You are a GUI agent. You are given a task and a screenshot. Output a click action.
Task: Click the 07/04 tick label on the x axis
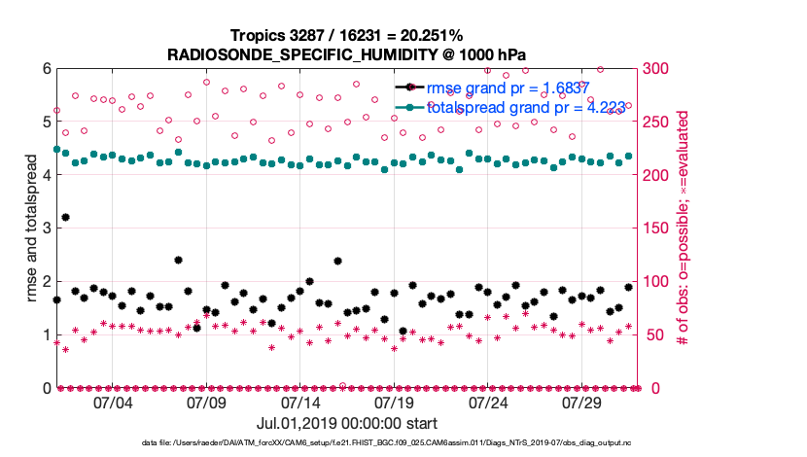pyautogui.click(x=112, y=403)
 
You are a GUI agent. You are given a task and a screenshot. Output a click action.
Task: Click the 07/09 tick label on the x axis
pyautogui.click(x=206, y=403)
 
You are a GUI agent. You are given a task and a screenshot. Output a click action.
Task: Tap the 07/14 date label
pyautogui.click(x=300, y=403)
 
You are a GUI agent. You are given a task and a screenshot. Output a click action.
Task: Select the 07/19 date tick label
pyautogui.click(x=395, y=403)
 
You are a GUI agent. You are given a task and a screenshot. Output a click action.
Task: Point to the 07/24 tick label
pyautogui.click(x=489, y=403)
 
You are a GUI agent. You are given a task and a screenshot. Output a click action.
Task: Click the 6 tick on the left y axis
pyautogui.click(x=45, y=69)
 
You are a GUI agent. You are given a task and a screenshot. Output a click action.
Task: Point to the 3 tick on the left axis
pyautogui.click(x=45, y=228)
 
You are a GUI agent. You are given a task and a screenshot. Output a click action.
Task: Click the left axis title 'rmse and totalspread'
pyautogui.click(x=31, y=228)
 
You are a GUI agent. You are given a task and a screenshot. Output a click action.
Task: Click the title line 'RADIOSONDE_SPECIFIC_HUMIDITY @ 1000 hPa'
pyautogui.click(x=346, y=53)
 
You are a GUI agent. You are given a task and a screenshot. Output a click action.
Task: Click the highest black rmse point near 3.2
pyautogui.click(x=65, y=217)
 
